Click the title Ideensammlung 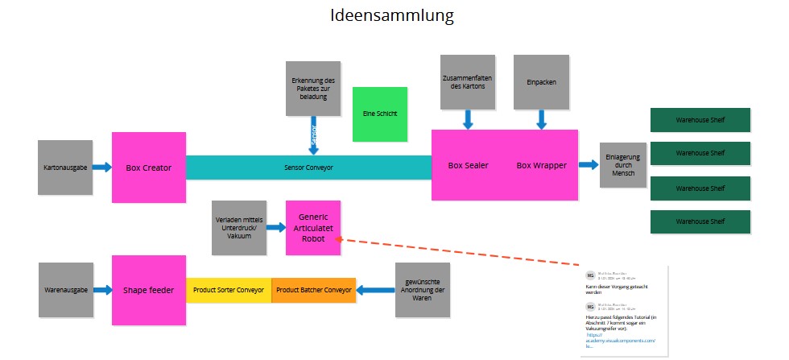point(392,15)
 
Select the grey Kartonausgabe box point(64,168)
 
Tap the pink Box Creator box point(149,168)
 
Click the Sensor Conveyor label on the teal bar point(308,168)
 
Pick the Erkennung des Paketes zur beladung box point(313,87)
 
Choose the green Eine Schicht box point(380,114)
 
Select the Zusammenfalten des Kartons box point(468,81)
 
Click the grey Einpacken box point(541,81)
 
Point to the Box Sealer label point(468,165)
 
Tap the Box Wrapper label point(541,165)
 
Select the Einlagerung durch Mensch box point(623,164)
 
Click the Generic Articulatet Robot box point(313,228)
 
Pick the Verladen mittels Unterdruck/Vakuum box point(239,227)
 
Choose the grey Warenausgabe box point(64,289)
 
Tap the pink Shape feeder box point(149,289)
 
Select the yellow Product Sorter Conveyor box point(229,290)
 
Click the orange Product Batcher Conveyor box point(314,290)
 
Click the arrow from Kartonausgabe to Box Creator point(101,168)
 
